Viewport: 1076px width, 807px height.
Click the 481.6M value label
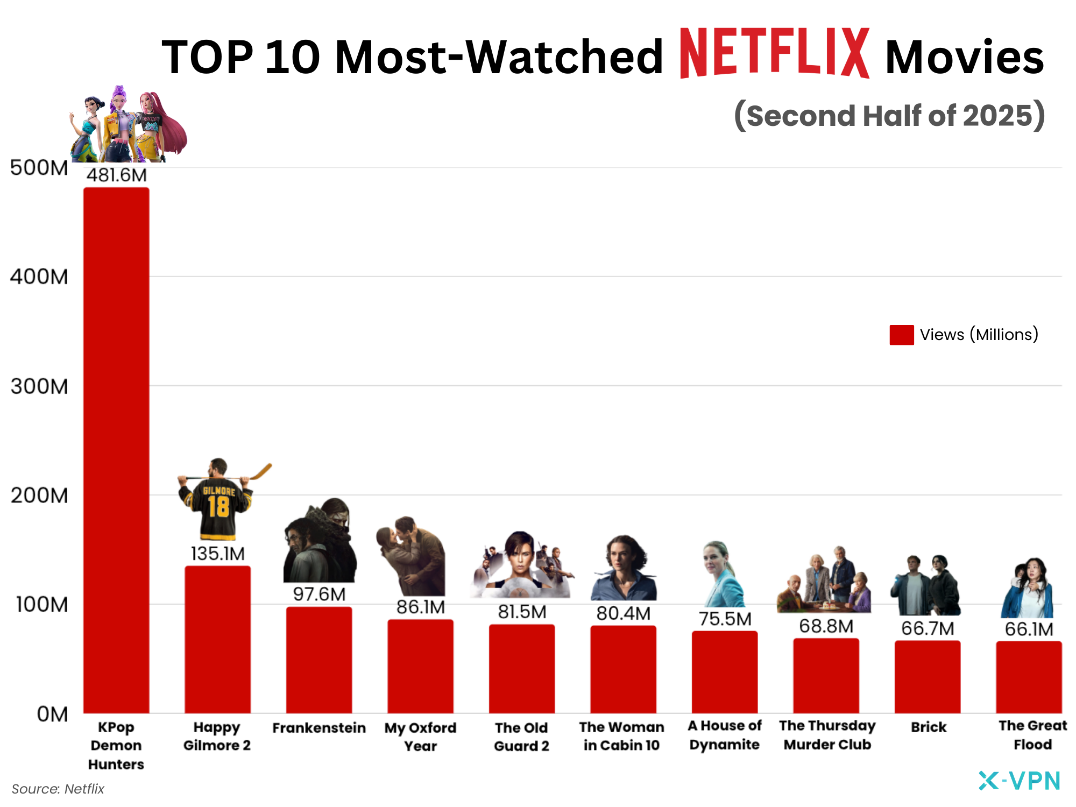(116, 175)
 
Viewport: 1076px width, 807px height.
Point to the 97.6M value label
(319, 594)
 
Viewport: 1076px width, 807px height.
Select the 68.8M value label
(826, 626)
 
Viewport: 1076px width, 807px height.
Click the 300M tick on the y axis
(39, 386)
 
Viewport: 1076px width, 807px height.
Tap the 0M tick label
(52, 714)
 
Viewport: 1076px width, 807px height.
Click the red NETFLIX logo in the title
(775, 54)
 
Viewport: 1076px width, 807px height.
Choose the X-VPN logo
(1019, 781)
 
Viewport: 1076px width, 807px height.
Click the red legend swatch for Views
(901, 335)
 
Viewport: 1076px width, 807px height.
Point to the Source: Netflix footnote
(58, 789)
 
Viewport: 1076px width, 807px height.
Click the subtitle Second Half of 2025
(890, 116)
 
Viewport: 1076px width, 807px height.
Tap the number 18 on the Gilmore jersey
(218, 507)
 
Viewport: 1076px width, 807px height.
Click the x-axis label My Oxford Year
(420, 737)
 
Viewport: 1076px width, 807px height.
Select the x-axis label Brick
(928, 727)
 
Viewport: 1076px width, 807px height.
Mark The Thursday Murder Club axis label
(827, 735)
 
